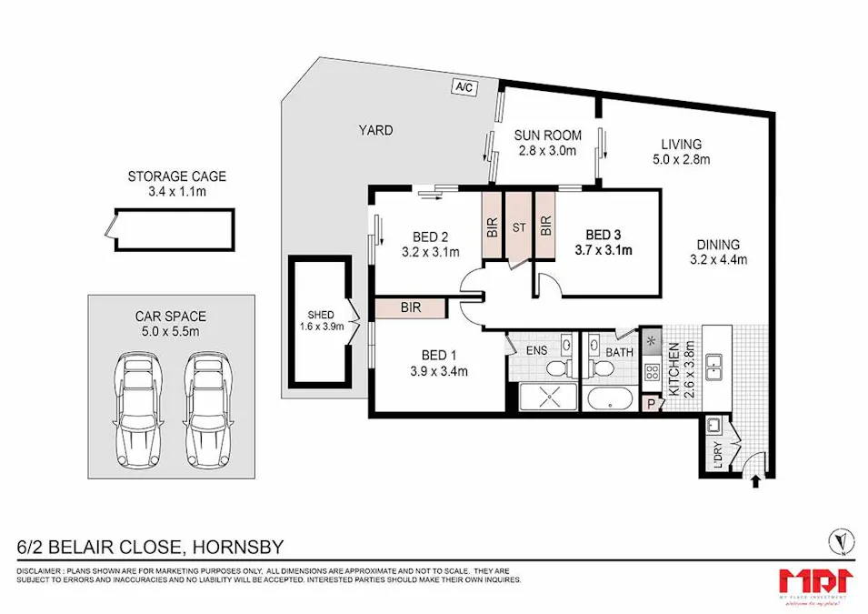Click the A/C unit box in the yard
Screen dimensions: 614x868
point(464,86)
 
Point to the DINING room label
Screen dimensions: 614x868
point(718,244)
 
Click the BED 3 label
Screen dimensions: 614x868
point(604,233)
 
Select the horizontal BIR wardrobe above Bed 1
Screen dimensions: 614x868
point(410,308)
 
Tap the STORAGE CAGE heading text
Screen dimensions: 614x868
point(176,176)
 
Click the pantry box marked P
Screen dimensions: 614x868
point(651,404)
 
